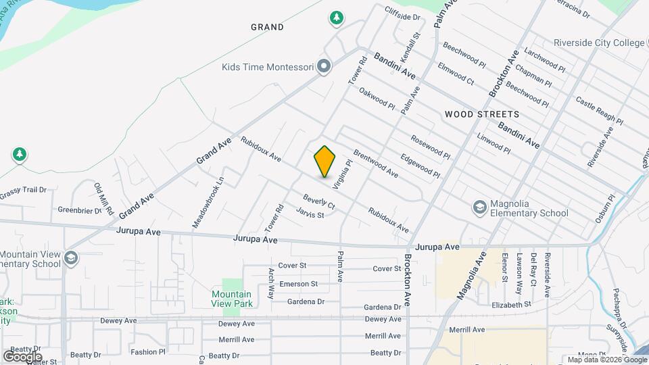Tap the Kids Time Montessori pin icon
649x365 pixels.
pos(324,66)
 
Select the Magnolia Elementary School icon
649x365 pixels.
pos(480,206)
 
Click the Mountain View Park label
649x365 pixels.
pos(231,299)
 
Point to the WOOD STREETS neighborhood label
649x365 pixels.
pos(482,114)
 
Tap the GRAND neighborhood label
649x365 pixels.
pos(267,28)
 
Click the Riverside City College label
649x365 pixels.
pos(599,43)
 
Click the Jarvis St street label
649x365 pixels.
pos(310,214)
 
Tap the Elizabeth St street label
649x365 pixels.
pos(511,305)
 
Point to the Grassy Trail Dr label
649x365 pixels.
pos(23,190)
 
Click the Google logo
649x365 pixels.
pos(22,356)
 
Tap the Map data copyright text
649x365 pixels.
pos(606,360)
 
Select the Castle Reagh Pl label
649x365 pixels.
pos(599,110)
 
